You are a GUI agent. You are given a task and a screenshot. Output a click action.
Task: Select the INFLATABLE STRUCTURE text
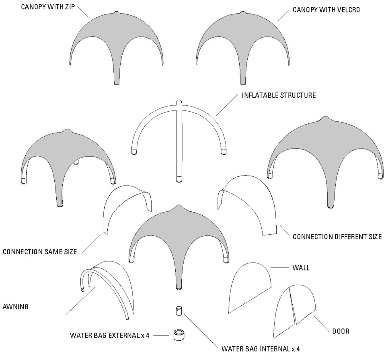pyautogui.click(x=279, y=96)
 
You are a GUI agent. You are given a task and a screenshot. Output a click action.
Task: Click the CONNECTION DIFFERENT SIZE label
pyautogui.click(x=337, y=237)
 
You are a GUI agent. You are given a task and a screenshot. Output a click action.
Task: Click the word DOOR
pyautogui.click(x=341, y=331)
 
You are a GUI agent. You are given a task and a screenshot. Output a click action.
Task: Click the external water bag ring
pyautogui.click(x=178, y=335)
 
